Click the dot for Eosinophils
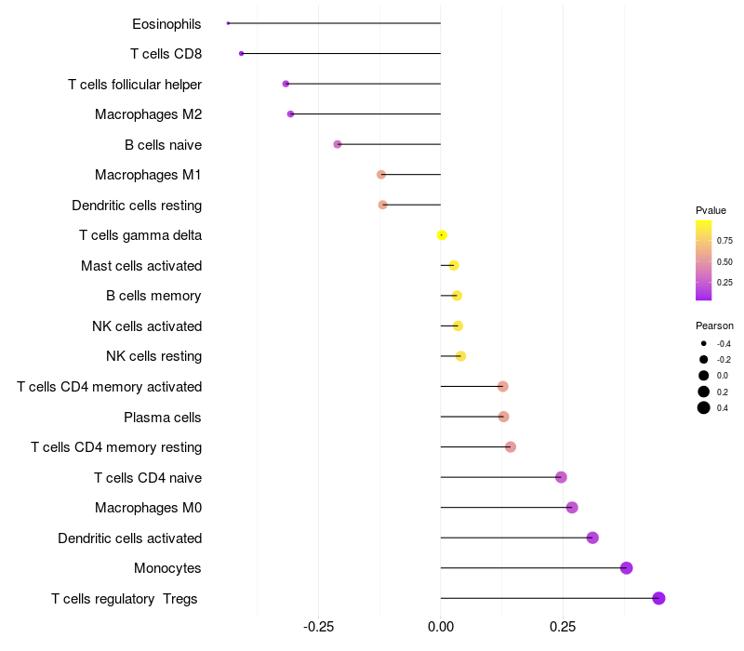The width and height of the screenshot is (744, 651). coord(228,23)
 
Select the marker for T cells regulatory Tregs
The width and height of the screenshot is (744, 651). coord(658,598)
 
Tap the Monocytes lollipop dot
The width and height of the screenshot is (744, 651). coord(626,568)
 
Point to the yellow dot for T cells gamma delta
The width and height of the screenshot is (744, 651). coord(442,235)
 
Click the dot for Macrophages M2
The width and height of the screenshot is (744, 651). coord(290,114)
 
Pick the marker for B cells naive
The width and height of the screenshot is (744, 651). coord(338,144)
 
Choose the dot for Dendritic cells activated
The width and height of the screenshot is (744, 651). coord(592,538)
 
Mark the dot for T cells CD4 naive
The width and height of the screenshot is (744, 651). coord(561,477)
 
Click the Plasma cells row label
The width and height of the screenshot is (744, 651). coord(163,417)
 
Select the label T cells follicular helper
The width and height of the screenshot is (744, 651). coord(135,85)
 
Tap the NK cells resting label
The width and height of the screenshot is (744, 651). coord(153,356)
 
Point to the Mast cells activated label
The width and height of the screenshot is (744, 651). coord(141,266)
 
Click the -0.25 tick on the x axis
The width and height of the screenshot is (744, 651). coord(318,627)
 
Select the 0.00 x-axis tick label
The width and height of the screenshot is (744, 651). coord(440,627)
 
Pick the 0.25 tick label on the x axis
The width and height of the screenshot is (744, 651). coord(562,627)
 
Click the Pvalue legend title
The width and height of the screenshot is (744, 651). coord(711,210)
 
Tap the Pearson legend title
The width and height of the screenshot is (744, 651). coord(714,325)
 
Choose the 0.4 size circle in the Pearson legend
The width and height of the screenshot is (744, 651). coord(704,407)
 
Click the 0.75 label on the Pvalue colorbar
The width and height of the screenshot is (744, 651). coord(724,240)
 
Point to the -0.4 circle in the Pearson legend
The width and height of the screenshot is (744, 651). coord(704,344)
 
